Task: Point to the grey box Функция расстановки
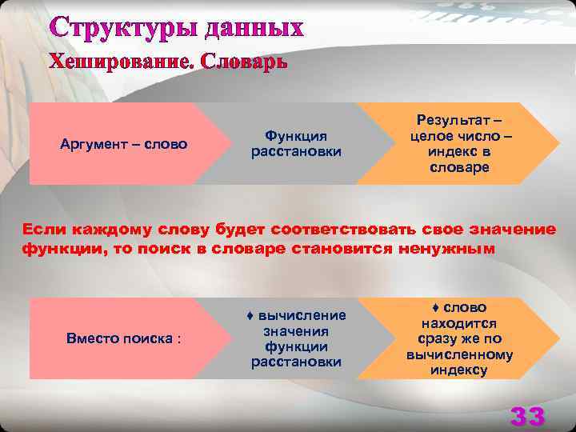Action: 296,144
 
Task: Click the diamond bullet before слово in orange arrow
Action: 435,308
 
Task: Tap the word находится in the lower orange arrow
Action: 459,323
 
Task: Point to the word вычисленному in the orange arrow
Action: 459,354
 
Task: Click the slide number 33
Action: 528,416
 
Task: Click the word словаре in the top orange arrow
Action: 459,167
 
